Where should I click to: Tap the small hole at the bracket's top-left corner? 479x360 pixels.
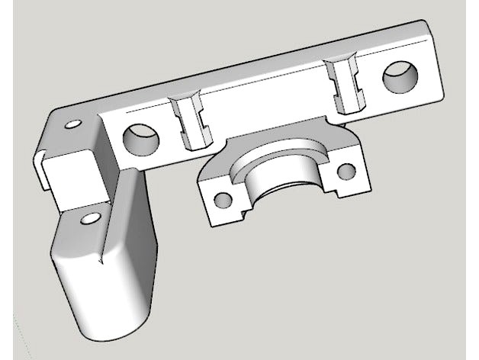(74, 123)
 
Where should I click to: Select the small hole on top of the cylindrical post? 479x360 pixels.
(90, 219)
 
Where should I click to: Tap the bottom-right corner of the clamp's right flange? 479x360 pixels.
(372, 185)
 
